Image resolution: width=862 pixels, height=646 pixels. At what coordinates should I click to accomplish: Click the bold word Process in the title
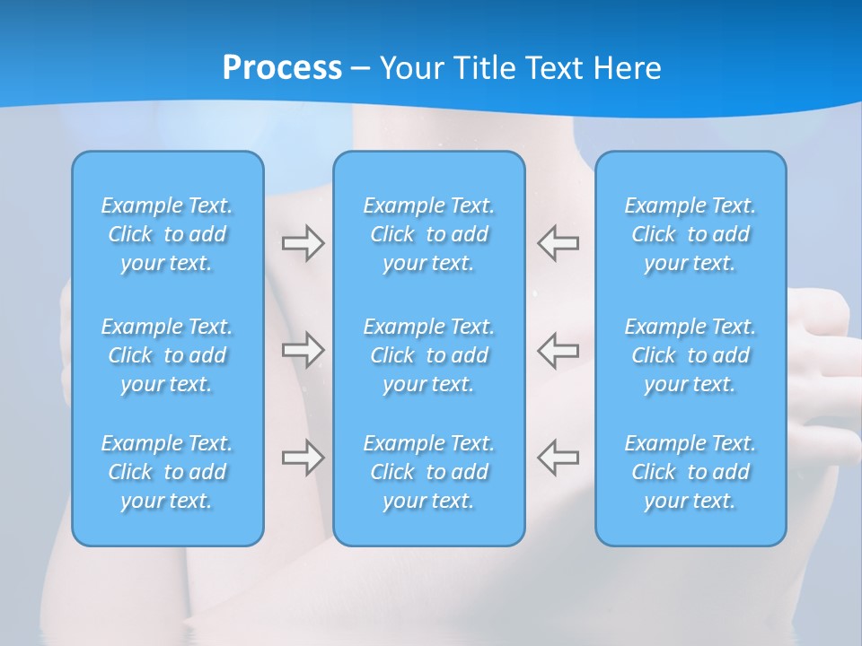(282, 68)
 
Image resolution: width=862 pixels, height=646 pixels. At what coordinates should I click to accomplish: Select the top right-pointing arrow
(303, 243)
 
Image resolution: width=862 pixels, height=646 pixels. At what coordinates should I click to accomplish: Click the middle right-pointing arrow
(303, 349)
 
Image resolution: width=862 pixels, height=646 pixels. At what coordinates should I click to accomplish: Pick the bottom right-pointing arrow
(303, 458)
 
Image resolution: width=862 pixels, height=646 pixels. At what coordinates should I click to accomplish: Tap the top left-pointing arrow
(559, 243)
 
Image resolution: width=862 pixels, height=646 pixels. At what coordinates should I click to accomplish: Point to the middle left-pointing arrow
(559, 349)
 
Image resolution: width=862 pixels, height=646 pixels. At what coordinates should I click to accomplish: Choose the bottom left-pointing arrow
(559, 458)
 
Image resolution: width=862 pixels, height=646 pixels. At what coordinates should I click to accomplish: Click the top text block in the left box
(167, 234)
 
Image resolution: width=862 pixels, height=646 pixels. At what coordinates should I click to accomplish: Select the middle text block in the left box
(167, 355)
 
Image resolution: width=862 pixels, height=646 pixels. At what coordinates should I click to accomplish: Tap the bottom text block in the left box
(167, 472)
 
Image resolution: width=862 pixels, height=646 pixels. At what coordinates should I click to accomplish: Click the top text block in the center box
(429, 234)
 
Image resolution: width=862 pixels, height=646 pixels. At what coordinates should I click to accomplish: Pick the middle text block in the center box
(429, 355)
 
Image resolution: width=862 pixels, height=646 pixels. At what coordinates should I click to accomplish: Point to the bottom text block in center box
(429, 472)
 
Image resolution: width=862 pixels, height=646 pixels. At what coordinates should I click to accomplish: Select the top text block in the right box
(690, 234)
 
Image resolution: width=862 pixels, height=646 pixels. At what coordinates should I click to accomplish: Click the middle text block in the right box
(690, 355)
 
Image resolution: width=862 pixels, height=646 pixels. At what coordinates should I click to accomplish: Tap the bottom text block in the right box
(690, 472)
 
